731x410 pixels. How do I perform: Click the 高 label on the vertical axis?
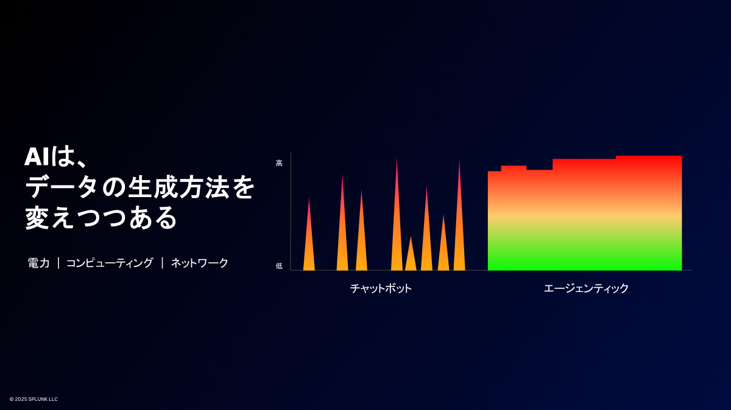(x=279, y=163)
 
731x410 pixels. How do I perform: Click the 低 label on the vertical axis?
(x=279, y=266)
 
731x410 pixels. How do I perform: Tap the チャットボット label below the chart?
(x=381, y=288)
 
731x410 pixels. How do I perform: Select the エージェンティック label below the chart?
(x=586, y=288)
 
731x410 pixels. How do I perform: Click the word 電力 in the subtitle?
(x=38, y=263)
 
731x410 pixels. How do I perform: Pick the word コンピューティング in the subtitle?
(x=110, y=263)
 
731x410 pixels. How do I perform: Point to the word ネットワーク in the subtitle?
(x=199, y=263)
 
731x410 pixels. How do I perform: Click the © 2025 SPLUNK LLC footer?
(x=34, y=399)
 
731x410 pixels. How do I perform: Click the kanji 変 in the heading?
(x=37, y=217)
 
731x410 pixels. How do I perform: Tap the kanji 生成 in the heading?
(x=153, y=187)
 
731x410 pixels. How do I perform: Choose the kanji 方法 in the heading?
(x=205, y=187)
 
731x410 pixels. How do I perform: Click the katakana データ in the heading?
(x=62, y=187)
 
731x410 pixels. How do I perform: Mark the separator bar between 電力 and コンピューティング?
(x=58, y=263)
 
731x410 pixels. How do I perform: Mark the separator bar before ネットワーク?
(x=162, y=263)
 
